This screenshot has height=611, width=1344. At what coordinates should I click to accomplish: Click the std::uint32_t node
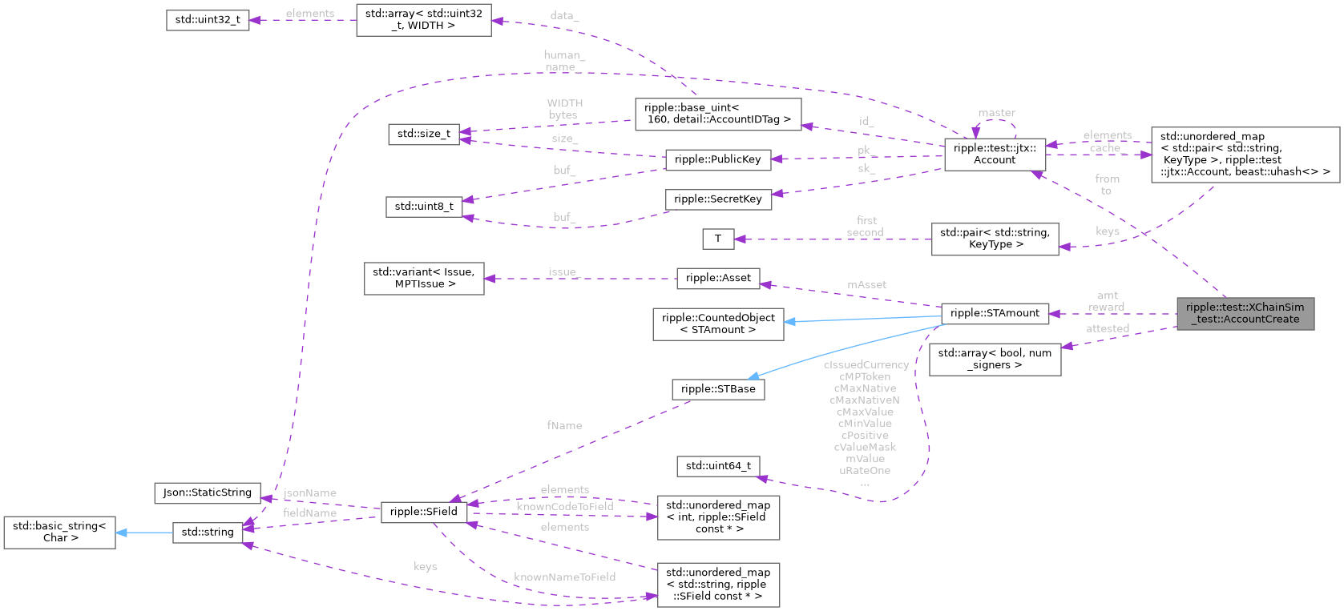[208, 19]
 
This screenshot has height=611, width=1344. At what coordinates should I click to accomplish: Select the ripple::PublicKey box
[717, 159]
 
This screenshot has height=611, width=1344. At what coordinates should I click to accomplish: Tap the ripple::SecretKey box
[717, 199]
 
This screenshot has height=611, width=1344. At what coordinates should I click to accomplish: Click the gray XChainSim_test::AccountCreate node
[1245, 313]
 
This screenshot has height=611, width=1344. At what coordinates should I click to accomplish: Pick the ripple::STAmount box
[994, 313]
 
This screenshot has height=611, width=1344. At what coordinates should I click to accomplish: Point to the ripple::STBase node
[717, 389]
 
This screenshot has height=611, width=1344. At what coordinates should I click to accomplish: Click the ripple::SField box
[423, 512]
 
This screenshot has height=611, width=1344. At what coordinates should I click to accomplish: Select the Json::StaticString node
[207, 492]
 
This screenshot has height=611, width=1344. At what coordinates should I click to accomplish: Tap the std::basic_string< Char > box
[59, 532]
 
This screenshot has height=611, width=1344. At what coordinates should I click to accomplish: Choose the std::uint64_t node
[717, 465]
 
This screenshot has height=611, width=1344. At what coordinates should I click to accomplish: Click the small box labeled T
[717, 238]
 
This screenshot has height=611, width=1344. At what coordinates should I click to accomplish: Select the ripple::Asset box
[717, 278]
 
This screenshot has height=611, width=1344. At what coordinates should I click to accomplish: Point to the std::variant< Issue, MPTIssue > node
[423, 278]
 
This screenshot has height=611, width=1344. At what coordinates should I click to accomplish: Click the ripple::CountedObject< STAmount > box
[717, 324]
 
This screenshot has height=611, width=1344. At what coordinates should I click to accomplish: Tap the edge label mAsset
[866, 284]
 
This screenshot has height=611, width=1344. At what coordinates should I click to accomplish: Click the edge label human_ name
[563, 61]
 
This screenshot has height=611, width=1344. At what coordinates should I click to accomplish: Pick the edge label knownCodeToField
[564, 506]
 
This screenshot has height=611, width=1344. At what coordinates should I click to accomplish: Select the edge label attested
[1107, 328]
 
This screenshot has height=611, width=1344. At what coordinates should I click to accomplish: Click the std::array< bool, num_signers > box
[994, 359]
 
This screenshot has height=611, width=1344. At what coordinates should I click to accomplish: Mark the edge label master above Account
[996, 113]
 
